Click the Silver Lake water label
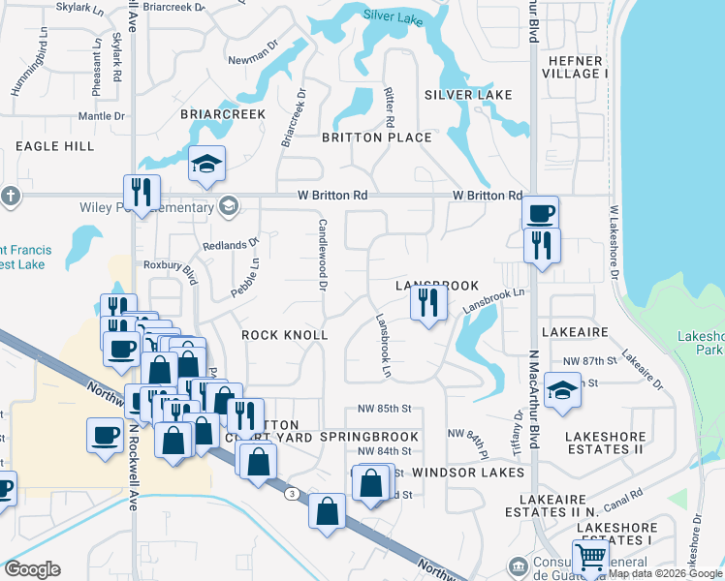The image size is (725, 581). (x=394, y=15)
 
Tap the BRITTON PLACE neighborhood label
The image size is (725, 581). (x=377, y=138)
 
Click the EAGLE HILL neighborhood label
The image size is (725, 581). (x=55, y=146)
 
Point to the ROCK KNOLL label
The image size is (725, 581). (x=285, y=335)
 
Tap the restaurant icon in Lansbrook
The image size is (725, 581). (x=427, y=304)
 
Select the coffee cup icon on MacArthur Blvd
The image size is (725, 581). (x=540, y=212)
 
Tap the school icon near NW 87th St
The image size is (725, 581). (x=561, y=390)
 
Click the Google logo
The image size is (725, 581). (x=32, y=569)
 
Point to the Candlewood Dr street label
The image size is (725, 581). (x=321, y=255)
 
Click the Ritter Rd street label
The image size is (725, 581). (x=390, y=107)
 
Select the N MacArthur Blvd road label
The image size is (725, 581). (x=533, y=406)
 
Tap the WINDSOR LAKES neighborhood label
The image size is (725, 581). (x=468, y=473)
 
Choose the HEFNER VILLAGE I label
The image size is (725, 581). (x=577, y=67)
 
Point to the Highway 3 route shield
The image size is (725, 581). (x=291, y=494)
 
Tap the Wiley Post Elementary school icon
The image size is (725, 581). (x=229, y=205)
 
